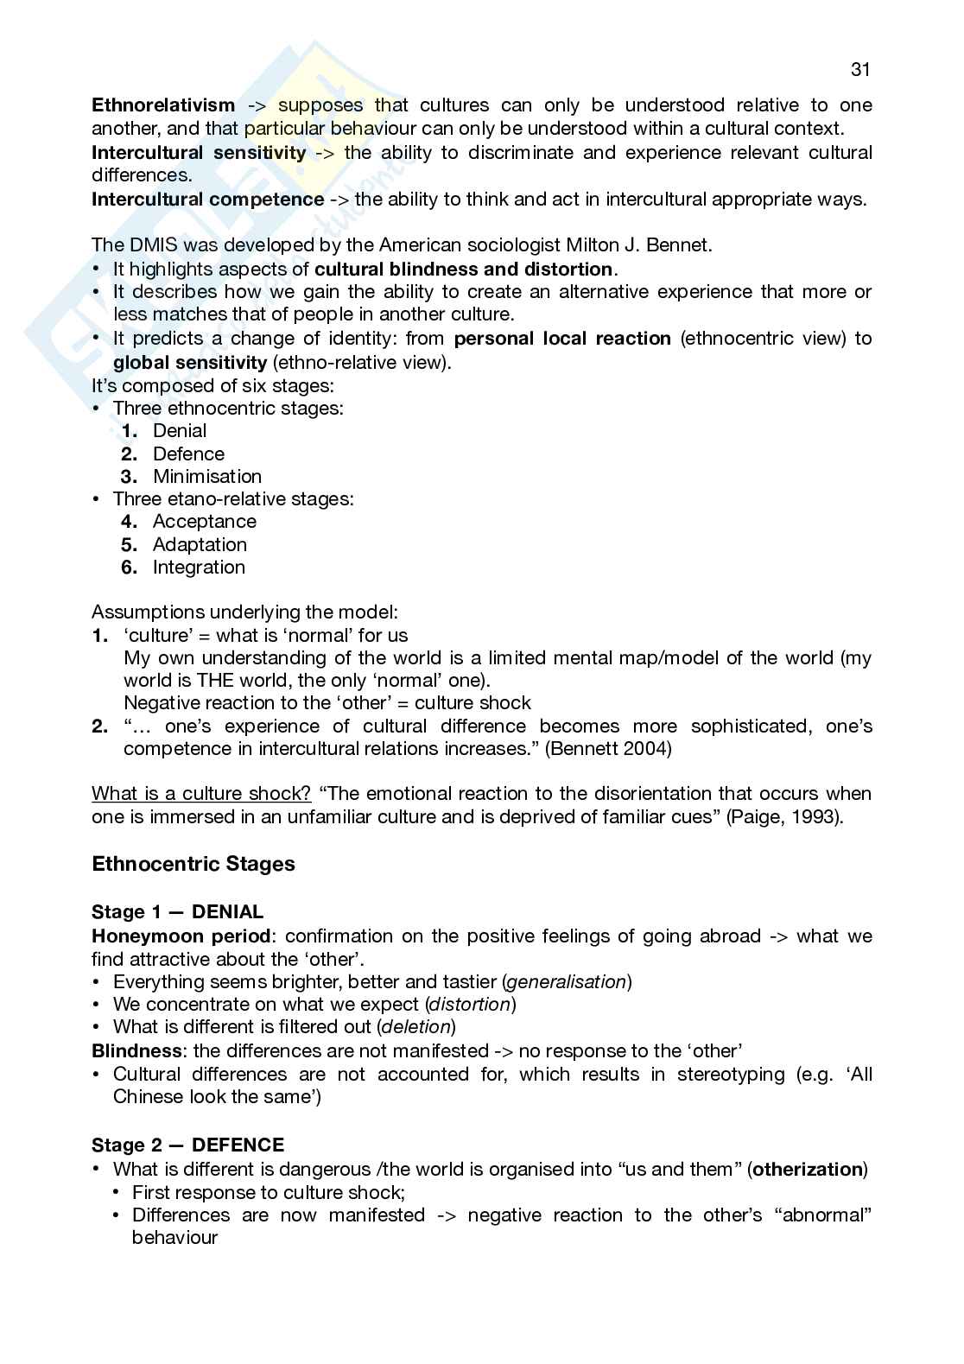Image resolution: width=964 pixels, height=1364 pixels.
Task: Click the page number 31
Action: pos(860,70)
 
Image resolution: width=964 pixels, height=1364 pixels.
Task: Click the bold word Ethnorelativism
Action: pos(163,105)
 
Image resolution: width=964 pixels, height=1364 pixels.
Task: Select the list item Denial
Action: pos(180,431)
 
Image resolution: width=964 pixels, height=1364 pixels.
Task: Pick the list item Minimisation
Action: pos(207,476)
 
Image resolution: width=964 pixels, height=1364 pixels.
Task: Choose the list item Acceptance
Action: pos(205,522)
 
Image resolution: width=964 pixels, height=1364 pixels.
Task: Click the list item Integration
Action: pos(199,568)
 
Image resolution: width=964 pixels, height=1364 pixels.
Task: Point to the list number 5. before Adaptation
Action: pos(130,545)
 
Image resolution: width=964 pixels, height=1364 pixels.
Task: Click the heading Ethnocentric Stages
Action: pos(193,864)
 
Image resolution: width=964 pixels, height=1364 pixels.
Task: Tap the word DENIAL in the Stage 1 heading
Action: pos(227,912)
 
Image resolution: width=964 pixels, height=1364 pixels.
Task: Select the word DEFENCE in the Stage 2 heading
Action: pos(238,1145)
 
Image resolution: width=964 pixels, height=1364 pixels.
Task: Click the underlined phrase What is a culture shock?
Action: pos(201,794)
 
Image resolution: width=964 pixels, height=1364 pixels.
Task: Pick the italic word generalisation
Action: pos(567,982)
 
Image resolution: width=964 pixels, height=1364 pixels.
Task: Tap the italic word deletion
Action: pos(416,1027)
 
